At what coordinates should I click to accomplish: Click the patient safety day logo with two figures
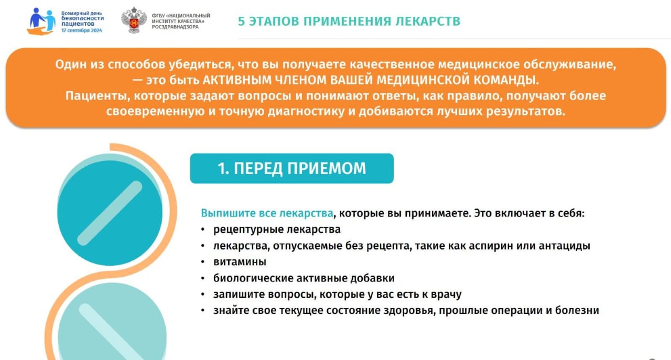(41, 21)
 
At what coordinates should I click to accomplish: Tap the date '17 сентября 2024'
(82, 30)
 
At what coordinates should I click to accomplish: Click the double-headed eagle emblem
(134, 20)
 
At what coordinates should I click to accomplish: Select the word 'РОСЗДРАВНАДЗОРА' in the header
(175, 27)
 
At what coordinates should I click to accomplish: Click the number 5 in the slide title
(241, 21)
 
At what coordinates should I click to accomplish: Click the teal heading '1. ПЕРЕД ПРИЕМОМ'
(292, 168)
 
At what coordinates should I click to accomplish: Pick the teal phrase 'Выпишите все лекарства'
(267, 213)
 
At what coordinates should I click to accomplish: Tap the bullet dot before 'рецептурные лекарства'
(203, 230)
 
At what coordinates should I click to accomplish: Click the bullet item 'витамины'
(240, 262)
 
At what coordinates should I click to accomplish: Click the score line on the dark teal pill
(110, 213)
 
